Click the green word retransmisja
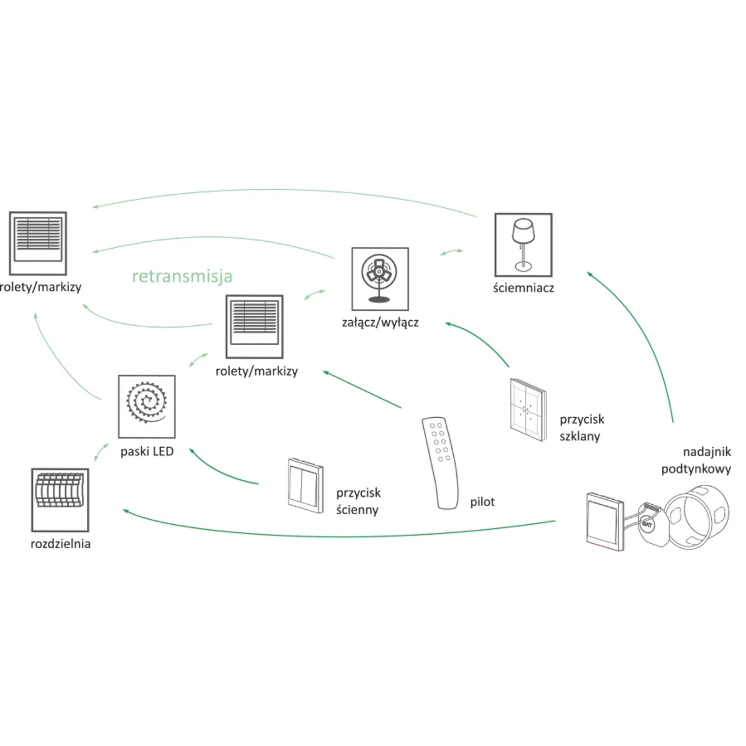tap(182, 276)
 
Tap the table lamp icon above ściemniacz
tap(523, 245)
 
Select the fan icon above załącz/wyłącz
tap(380, 279)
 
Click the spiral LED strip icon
tap(147, 406)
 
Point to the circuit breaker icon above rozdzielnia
tap(60, 499)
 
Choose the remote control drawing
tap(442, 463)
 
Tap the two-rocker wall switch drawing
tap(305, 485)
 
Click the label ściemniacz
tap(523, 288)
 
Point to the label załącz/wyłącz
tap(380, 323)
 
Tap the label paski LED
tap(147, 451)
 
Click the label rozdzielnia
tap(60, 544)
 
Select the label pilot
tap(482, 502)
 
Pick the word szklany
tap(579, 436)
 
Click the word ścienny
tap(357, 510)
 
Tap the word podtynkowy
tap(696, 469)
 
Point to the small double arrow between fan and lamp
tap(451, 252)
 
